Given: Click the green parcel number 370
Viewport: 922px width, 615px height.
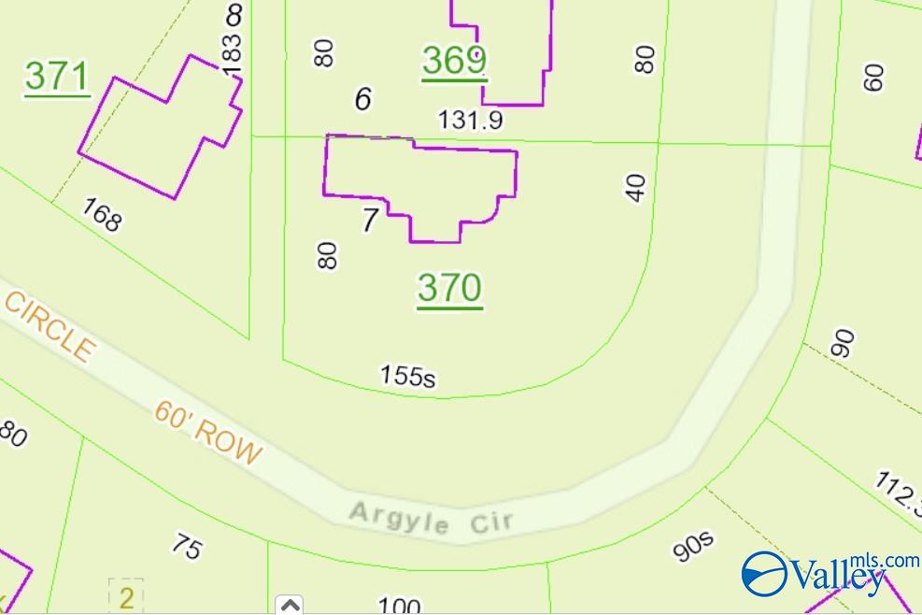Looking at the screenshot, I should [449, 288].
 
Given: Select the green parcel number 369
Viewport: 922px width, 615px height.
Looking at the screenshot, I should [454, 61].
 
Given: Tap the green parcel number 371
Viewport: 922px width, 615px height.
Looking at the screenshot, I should [56, 77].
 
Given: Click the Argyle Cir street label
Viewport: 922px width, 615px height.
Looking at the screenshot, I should [431, 518].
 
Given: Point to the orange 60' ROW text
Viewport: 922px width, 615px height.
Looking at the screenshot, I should [208, 433].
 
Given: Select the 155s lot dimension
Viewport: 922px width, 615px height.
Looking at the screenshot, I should [408, 375].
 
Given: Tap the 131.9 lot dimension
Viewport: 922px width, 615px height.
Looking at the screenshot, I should [471, 120].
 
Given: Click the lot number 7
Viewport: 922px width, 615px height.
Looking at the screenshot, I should [370, 222].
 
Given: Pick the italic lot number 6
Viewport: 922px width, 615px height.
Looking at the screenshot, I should [363, 98].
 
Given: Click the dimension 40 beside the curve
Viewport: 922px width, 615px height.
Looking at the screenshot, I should [636, 187].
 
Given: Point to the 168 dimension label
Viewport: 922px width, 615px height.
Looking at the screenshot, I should [101, 214].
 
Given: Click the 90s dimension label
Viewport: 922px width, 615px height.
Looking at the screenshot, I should [693, 546].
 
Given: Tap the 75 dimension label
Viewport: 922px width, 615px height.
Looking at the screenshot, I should [187, 546].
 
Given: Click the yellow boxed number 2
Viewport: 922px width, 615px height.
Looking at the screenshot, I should [126, 596].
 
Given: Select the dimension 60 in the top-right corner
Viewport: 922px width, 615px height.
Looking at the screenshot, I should [873, 77].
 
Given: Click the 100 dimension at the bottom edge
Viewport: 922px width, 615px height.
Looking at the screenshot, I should [400, 606].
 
